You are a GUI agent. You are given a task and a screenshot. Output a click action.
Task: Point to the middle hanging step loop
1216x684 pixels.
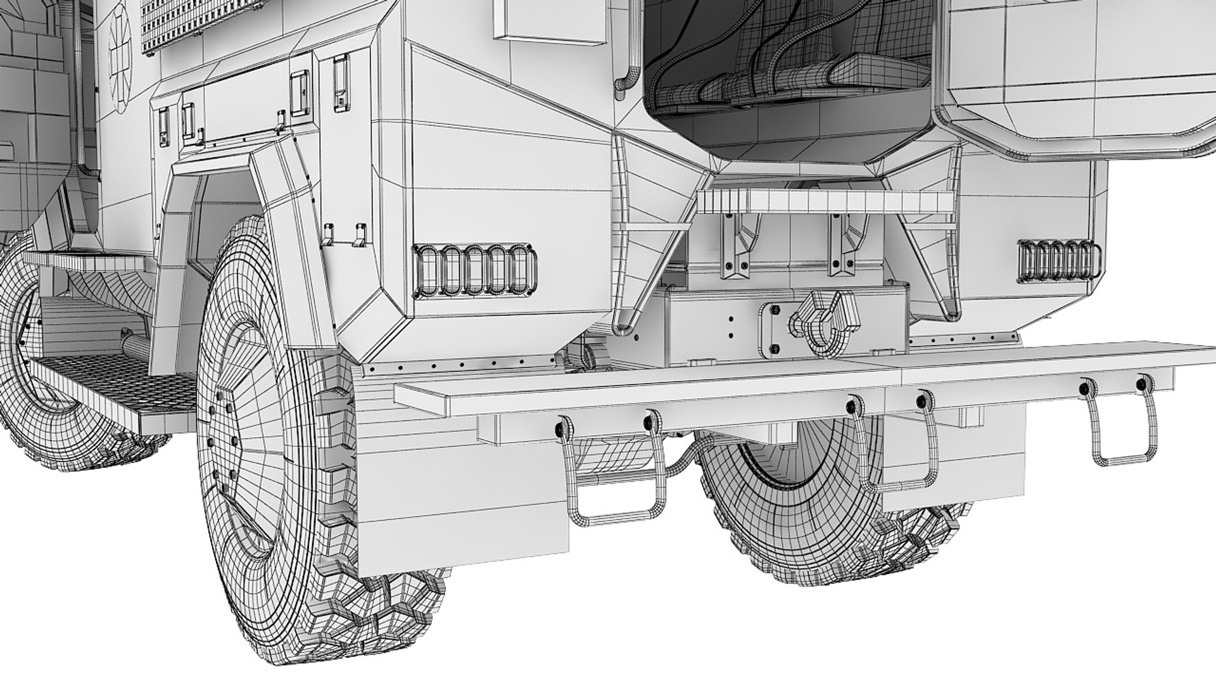pyautogui.click(x=899, y=450)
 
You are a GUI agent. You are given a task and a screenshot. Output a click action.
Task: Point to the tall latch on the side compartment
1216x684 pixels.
pyautogui.click(x=342, y=79)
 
